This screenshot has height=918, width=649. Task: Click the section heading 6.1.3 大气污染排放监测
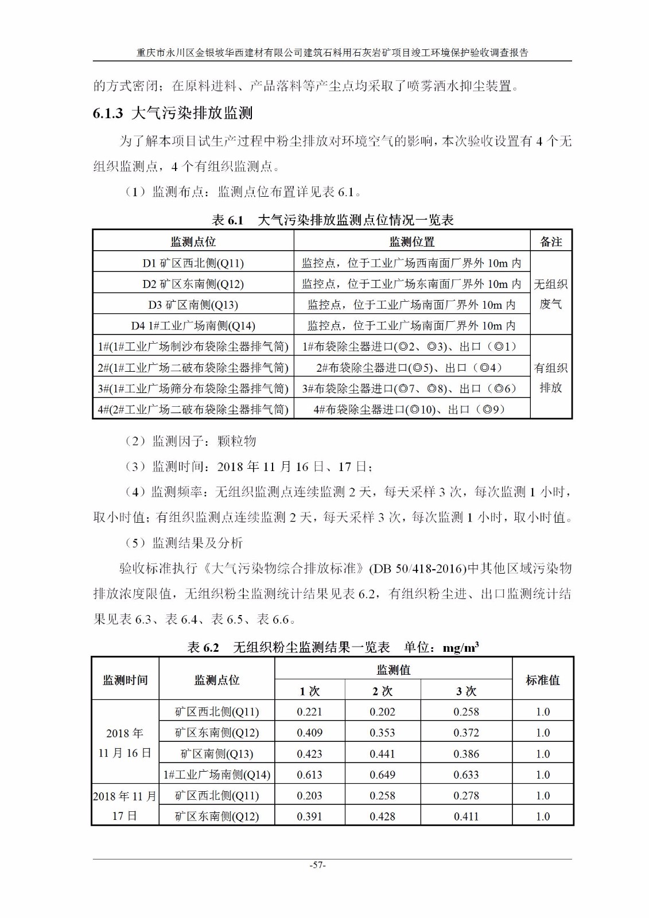pyautogui.click(x=173, y=112)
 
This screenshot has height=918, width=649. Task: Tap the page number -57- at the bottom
pyautogui.click(x=317, y=865)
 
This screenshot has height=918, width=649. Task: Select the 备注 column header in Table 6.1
pyautogui.click(x=551, y=242)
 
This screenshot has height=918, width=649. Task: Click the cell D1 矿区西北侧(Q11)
pyautogui.click(x=193, y=263)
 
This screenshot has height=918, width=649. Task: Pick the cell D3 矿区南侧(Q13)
pyautogui.click(x=193, y=305)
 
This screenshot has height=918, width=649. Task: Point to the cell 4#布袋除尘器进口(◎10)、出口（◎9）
pyautogui.click(x=412, y=409)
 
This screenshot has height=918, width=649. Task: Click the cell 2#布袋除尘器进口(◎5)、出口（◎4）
pyautogui.click(x=412, y=367)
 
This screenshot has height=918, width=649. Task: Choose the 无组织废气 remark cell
pyautogui.click(x=551, y=294)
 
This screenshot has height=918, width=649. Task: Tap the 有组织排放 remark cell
pyautogui.click(x=551, y=378)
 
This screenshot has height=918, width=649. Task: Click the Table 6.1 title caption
pyautogui.click(x=332, y=220)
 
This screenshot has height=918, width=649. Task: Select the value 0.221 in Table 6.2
pyautogui.click(x=309, y=711)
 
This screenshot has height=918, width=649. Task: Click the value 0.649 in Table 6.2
pyautogui.click(x=382, y=775)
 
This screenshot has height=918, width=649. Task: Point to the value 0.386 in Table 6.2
pyautogui.click(x=466, y=753)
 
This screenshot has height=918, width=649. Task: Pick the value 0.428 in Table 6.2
pyautogui.click(x=382, y=816)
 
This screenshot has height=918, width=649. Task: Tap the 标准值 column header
pyautogui.click(x=542, y=680)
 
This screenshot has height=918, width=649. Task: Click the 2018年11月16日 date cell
pyautogui.click(x=125, y=743)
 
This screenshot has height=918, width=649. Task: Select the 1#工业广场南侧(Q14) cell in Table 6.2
pyautogui.click(x=217, y=775)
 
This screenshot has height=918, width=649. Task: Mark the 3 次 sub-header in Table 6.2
pyautogui.click(x=466, y=691)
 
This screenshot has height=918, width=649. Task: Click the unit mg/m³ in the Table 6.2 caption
pyautogui.click(x=461, y=648)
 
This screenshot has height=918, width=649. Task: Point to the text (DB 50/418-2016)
pyautogui.click(x=417, y=569)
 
